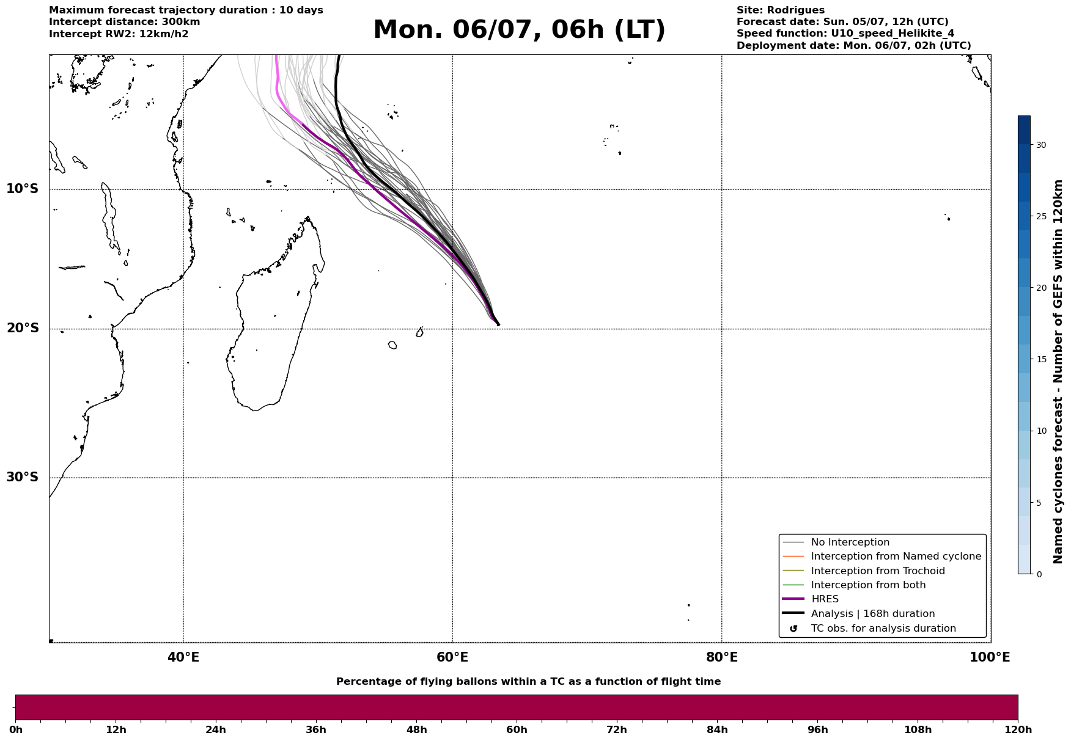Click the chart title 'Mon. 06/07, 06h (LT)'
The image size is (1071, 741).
tap(519, 30)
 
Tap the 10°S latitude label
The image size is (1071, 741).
tap(22, 189)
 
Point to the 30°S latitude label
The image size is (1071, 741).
tap(22, 477)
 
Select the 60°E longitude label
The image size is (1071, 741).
tap(452, 657)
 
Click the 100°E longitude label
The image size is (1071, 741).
tap(990, 657)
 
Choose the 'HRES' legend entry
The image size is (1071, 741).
tap(825, 599)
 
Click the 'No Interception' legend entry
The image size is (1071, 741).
tap(850, 542)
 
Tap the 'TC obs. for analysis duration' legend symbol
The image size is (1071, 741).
tap(793, 629)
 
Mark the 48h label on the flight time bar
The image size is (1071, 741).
tap(416, 730)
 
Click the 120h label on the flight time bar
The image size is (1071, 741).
tap(1018, 730)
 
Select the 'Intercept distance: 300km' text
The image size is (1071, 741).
tap(125, 22)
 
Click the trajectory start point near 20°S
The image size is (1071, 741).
tap(498, 324)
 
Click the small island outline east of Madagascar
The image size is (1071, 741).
tap(392, 345)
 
